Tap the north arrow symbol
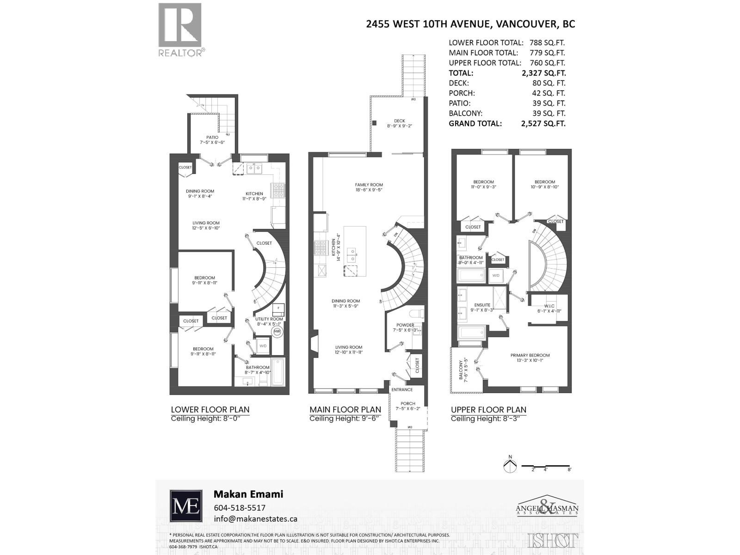(x=510, y=465)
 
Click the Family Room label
(x=369, y=185)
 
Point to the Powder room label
(x=405, y=325)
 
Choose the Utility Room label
(x=269, y=319)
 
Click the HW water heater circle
(x=277, y=332)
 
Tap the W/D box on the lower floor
(x=263, y=346)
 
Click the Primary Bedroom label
(x=530, y=355)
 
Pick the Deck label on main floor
(x=400, y=121)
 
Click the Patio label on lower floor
(x=212, y=137)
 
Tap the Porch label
(x=408, y=404)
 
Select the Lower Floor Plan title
(x=210, y=409)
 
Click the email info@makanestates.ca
(x=255, y=518)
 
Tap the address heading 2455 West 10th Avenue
(x=470, y=24)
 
